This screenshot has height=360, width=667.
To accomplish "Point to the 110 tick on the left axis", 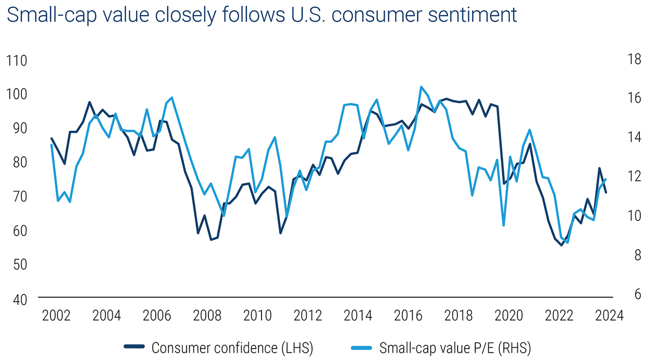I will (x=17, y=60).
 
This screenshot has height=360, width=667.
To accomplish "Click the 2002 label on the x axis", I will (x=56, y=316).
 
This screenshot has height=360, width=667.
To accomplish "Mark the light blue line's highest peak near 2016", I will (x=421, y=87).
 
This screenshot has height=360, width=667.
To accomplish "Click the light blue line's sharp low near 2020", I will (x=503, y=225).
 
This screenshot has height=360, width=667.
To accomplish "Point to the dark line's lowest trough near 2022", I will (x=562, y=245).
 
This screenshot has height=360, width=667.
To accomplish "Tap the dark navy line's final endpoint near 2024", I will (x=606, y=193).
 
